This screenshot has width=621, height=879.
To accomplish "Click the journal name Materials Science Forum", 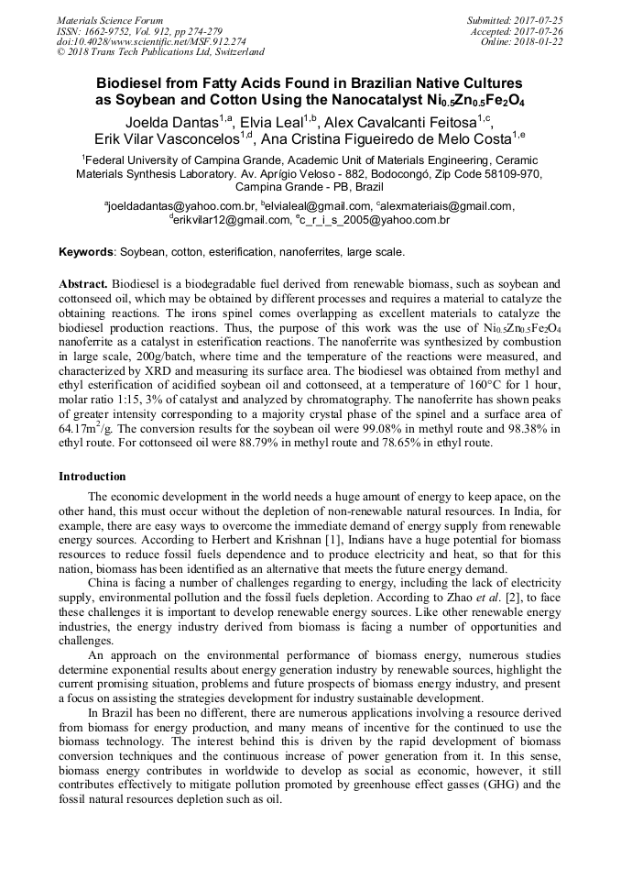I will (x=110, y=19).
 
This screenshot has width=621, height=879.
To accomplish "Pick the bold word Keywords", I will (x=86, y=251).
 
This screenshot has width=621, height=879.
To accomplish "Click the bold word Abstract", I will (x=83, y=285).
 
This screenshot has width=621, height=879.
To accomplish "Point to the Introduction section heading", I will (x=93, y=477).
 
